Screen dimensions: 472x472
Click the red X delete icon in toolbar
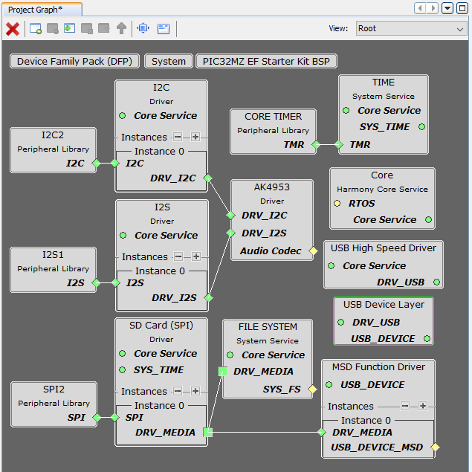[x=13, y=29]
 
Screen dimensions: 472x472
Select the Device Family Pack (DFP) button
[x=75, y=61]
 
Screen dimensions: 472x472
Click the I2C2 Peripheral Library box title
[x=53, y=135]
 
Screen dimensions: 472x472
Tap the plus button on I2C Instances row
[x=195, y=137]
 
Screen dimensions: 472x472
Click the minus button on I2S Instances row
[x=178, y=256]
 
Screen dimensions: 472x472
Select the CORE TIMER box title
[x=273, y=117]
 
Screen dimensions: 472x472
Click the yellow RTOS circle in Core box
[x=337, y=203]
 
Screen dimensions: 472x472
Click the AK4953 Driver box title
[x=272, y=187]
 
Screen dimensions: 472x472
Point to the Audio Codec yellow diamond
[x=313, y=251]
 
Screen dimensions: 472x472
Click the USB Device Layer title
[x=384, y=305]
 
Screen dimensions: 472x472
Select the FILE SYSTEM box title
[x=268, y=327]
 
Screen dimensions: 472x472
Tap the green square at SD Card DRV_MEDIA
[x=207, y=432]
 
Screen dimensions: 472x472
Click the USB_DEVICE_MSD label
[x=378, y=447]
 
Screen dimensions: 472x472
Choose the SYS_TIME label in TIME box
[x=384, y=126]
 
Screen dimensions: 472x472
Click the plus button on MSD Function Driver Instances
[x=422, y=406]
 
